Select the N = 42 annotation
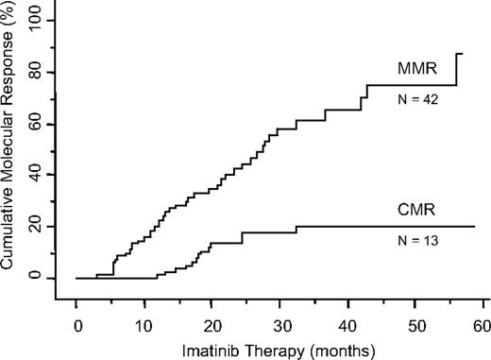coord(415,104)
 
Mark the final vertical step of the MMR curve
coord(457,69)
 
